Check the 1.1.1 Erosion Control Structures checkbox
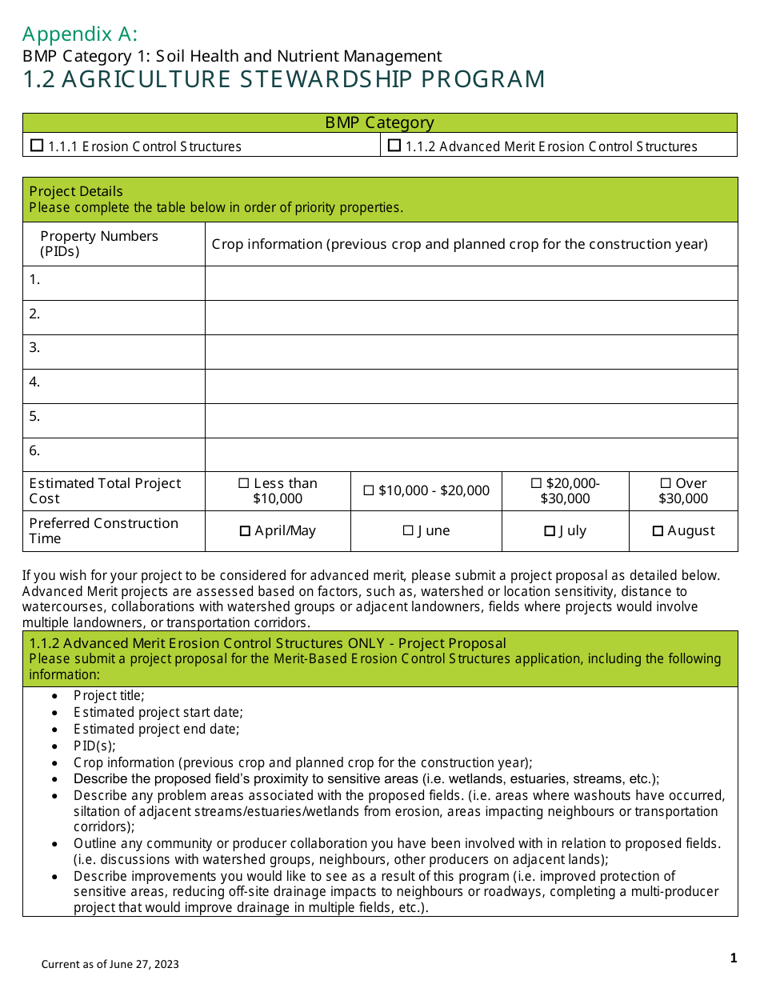(37, 146)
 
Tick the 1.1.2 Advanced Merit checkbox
(394, 146)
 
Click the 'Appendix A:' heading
(80, 34)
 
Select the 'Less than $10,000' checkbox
(244, 483)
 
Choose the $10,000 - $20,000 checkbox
(369, 490)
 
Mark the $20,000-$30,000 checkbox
(536, 483)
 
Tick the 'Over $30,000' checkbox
(666, 483)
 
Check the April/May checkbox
(246, 531)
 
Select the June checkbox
(408, 530)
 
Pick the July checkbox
(550, 531)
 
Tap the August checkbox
(658, 531)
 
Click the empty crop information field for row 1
(471, 283)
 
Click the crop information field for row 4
(471, 386)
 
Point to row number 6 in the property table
(35, 450)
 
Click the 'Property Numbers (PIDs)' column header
(99, 244)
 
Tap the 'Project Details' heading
(76, 191)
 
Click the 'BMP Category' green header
(379, 122)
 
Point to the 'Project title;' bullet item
(109, 696)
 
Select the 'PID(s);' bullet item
(94, 746)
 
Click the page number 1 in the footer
(733, 958)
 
